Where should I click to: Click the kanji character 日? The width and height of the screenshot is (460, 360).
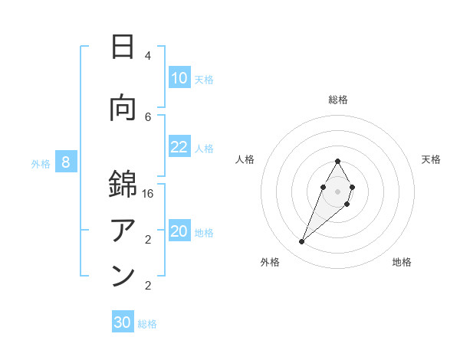(123, 47)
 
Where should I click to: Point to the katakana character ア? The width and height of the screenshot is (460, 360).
(123, 231)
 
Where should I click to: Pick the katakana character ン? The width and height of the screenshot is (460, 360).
(123, 277)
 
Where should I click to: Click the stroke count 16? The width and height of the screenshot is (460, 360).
(148, 194)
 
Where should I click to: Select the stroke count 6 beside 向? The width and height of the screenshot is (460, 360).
(148, 116)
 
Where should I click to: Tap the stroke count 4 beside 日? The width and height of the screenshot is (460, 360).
(148, 56)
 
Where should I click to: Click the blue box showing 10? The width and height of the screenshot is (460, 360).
(179, 78)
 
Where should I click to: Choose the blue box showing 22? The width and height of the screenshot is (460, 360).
(179, 147)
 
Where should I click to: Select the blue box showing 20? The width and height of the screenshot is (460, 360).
(179, 231)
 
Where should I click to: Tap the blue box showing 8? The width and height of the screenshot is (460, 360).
(66, 162)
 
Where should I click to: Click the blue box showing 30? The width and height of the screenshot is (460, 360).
(123, 322)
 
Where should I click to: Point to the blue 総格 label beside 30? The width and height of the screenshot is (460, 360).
(147, 324)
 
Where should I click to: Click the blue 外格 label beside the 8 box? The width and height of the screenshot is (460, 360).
(41, 163)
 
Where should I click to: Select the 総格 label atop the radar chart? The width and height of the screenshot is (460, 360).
(337, 100)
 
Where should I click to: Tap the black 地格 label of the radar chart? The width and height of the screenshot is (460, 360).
(402, 262)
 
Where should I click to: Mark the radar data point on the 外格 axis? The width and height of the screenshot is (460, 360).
(301, 242)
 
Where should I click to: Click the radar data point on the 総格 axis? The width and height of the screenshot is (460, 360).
(337, 162)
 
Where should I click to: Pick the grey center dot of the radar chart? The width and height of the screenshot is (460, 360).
(337, 190)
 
